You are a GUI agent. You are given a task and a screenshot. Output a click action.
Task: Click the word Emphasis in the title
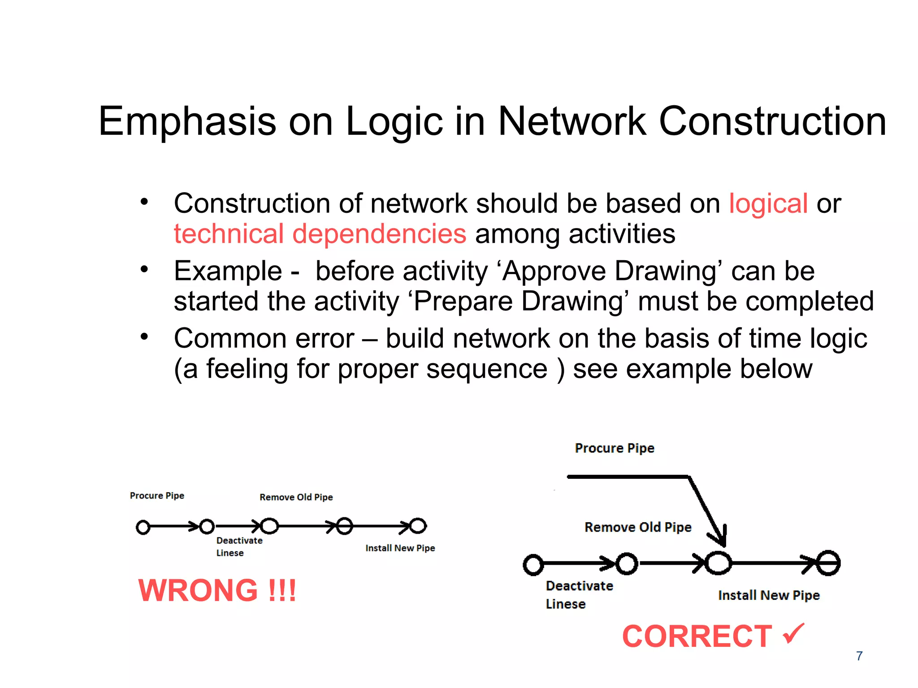[x=187, y=122]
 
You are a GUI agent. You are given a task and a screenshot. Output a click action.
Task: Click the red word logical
[x=768, y=204]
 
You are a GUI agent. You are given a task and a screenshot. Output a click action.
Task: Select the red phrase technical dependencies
[x=320, y=234]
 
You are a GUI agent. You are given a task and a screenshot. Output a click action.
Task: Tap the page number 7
[x=859, y=656]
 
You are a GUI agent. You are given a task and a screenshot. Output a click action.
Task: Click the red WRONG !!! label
[x=217, y=590]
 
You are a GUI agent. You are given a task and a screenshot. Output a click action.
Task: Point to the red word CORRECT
[x=697, y=636]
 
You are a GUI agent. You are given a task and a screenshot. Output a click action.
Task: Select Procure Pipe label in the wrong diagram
[x=157, y=496]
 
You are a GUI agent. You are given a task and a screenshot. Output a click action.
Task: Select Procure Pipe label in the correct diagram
[x=614, y=448]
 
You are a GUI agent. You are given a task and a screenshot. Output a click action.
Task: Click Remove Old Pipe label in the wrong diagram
[x=296, y=497]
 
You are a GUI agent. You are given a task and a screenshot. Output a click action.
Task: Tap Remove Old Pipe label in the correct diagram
[x=637, y=527]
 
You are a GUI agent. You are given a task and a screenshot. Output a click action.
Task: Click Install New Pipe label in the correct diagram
[x=768, y=595]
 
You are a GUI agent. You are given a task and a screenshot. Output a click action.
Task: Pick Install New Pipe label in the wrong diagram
[x=400, y=548]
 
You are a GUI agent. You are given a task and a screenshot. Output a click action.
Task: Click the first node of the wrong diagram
[x=143, y=527]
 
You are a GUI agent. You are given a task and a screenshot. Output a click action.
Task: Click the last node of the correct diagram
[x=828, y=563]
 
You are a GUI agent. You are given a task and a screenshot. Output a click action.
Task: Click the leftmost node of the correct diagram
[x=533, y=564]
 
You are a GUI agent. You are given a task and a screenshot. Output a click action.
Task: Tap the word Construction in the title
[x=772, y=122]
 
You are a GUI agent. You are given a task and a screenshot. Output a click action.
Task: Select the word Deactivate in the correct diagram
[x=579, y=586]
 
